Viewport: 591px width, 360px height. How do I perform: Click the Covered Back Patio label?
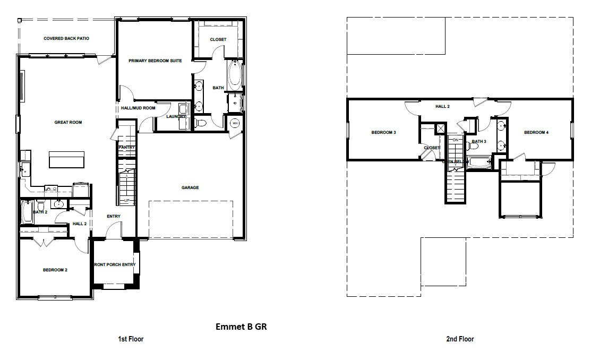(x=66, y=39)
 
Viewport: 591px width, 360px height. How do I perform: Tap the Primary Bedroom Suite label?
(x=155, y=61)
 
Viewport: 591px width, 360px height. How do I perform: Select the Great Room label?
(x=68, y=123)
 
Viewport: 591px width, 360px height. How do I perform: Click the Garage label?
(x=190, y=187)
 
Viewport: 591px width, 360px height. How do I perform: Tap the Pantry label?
(x=127, y=147)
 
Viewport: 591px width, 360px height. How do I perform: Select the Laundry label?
(x=175, y=116)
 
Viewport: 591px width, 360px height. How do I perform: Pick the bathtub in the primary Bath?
(x=235, y=75)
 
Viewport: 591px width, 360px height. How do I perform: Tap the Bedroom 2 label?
(x=55, y=270)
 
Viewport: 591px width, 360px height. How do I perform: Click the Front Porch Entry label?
(x=115, y=264)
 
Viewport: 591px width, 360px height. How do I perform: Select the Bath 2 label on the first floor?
(x=40, y=212)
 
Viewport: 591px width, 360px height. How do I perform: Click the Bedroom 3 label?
(x=383, y=132)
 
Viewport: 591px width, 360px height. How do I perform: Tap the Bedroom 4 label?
(x=536, y=132)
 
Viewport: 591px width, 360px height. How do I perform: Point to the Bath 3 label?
(x=479, y=142)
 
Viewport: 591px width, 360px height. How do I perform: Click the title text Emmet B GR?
(x=241, y=327)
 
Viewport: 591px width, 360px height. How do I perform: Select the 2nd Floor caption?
(x=460, y=339)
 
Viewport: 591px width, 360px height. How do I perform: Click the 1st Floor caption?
(x=130, y=339)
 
